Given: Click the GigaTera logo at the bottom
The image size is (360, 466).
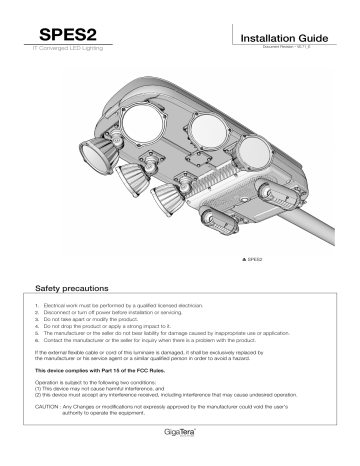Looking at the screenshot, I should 180,438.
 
